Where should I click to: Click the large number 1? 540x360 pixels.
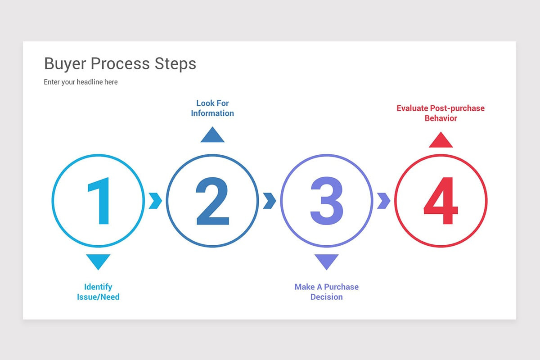pyautogui.click(x=99, y=201)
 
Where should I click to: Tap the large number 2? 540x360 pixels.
pyautogui.click(x=212, y=201)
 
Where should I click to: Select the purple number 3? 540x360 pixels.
pyautogui.click(x=327, y=201)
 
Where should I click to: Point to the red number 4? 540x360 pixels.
pyautogui.click(x=441, y=201)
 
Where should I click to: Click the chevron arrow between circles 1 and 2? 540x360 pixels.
pyautogui.click(x=155, y=201)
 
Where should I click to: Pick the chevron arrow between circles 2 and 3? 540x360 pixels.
pyautogui.click(x=270, y=201)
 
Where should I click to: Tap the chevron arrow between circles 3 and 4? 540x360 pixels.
pyautogui.click(x=383, y=201)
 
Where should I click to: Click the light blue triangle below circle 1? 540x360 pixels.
pyautogui.click(x=98, y=261)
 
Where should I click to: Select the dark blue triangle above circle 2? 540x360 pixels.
pyautogui.click(x=212, y=135)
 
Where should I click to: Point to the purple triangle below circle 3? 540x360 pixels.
pyautogui.click(x=327, y=261)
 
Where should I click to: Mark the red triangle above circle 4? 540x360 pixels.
pyautogui.click(x=441, y=140)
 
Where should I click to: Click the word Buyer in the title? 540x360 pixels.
pyautogui.click(x=65, y=64)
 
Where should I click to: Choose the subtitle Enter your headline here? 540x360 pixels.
pyautogui.click(x=81, y=82)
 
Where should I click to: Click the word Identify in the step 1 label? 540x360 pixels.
pyautogui.click(x=98, y=287)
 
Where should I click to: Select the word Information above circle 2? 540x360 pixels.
pyautogui.click(x=212, y=113)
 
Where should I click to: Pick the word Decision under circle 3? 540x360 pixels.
pyautogui.click(x=327, y=297)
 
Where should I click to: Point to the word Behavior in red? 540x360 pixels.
pyautogui.click(x=441, y=118)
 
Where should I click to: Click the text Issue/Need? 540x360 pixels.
pyautogui.click(x=98, y=297)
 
